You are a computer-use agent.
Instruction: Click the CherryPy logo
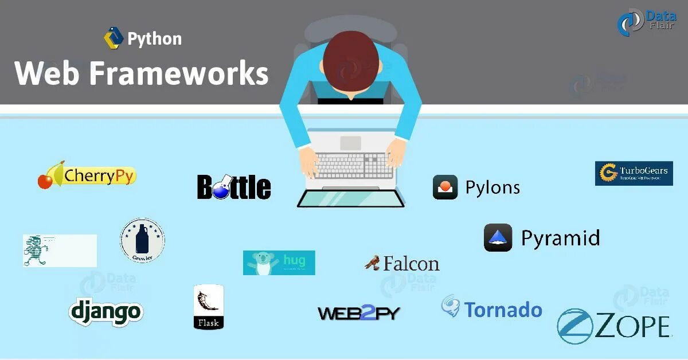click(87, 175)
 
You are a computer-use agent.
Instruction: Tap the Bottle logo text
click(234, 187)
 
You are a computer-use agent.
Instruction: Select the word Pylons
click(492, 187)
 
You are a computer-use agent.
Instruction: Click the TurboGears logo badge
click(634, 173)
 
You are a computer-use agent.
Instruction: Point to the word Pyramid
click(560, 238)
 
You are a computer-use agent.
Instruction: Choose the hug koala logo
click(279, 263)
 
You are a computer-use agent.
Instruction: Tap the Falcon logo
click(402, 263)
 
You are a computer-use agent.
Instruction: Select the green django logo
click(105, 311)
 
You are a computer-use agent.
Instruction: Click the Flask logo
click(208, 307)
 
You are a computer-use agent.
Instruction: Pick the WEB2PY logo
click(359, 313)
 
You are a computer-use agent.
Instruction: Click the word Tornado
click(503, 310)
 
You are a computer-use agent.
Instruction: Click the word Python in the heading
click(154, 39)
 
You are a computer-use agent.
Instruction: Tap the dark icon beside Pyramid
click(498, 237)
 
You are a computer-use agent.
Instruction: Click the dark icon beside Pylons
click(445, 187)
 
